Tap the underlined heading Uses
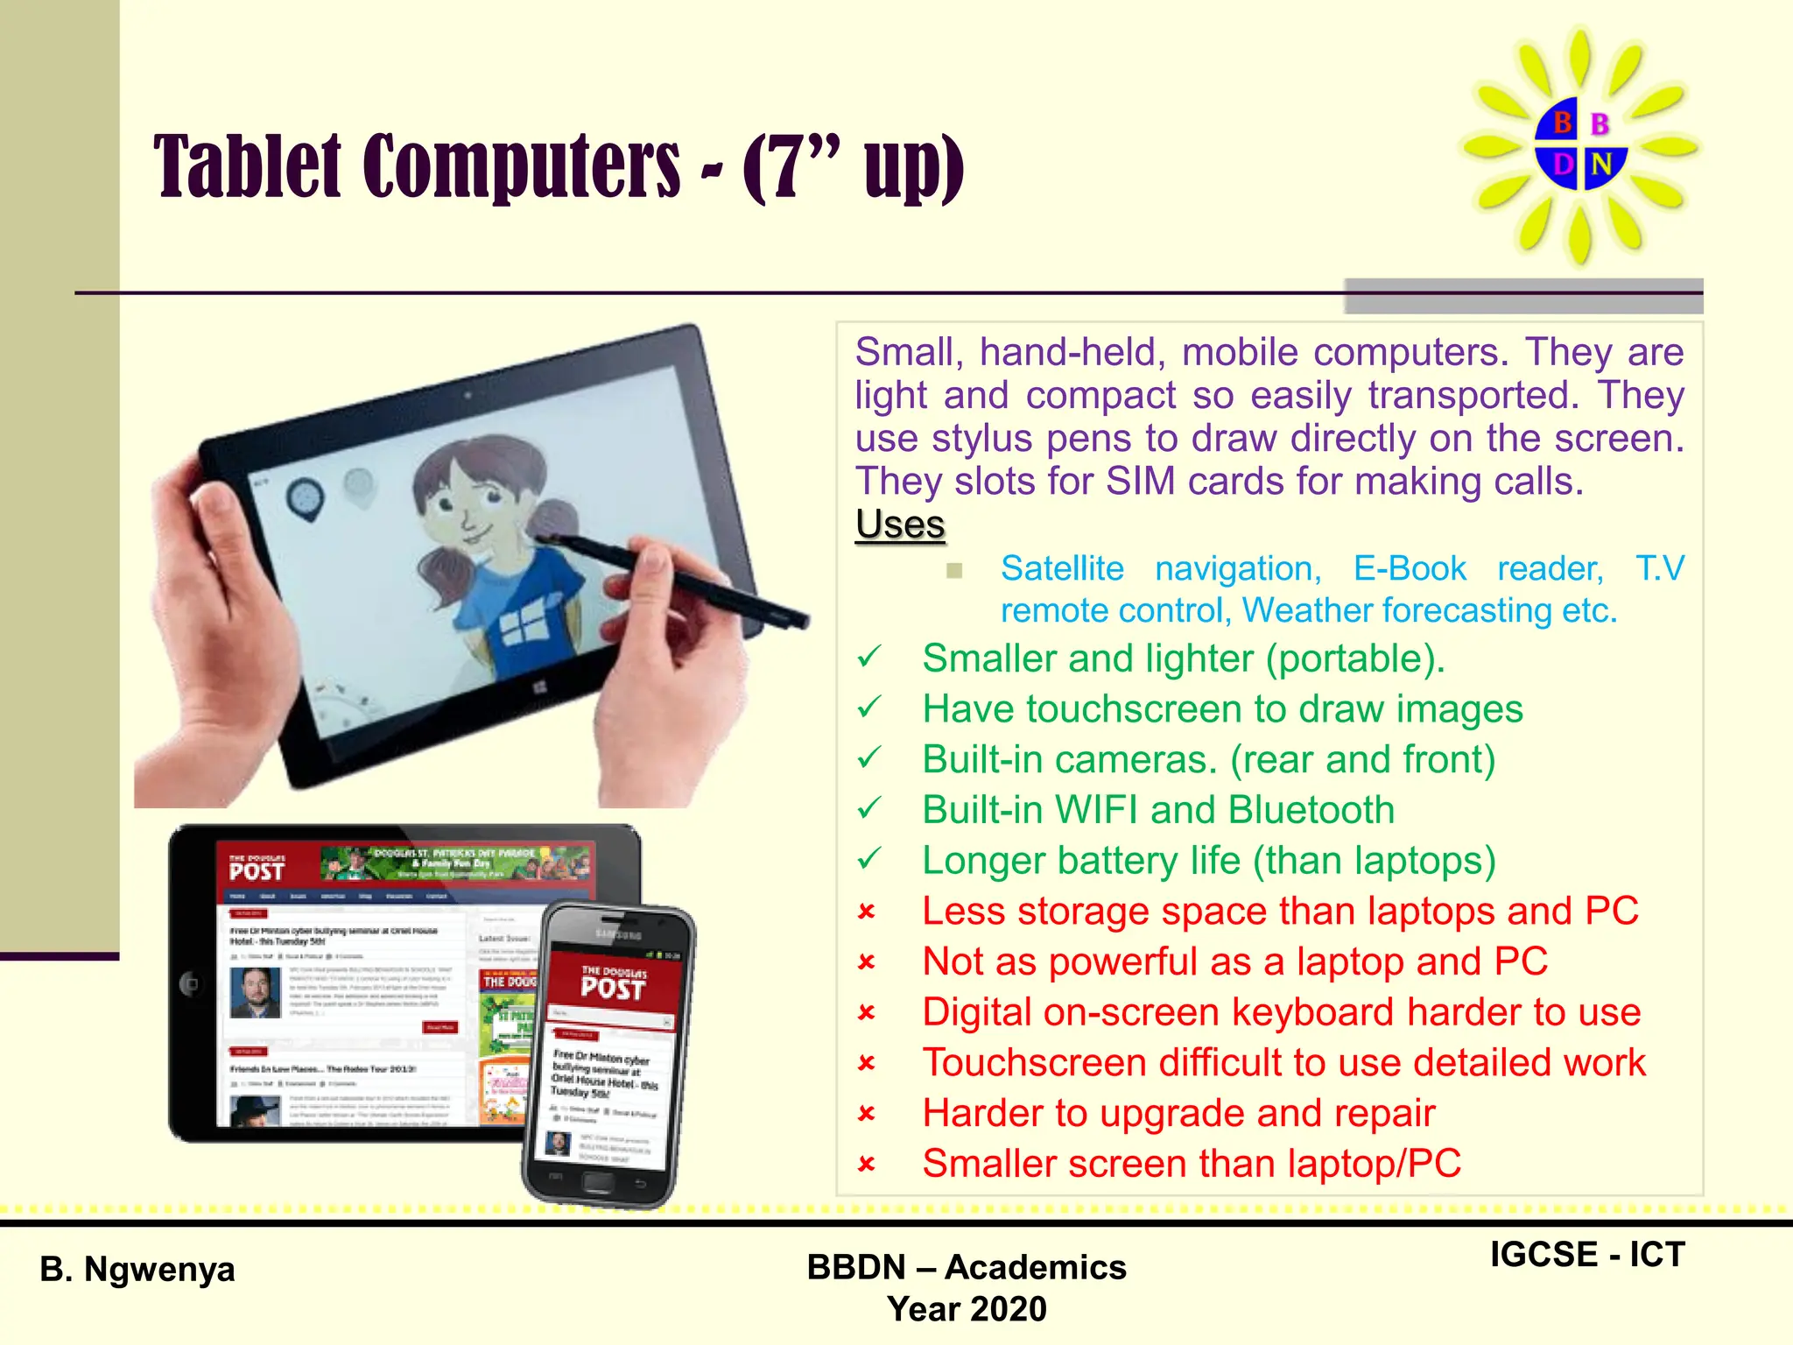900,525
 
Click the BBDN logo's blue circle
1580,144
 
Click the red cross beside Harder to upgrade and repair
867,1114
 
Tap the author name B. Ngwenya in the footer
137,1269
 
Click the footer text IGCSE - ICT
1586,1255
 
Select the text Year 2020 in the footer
967,1309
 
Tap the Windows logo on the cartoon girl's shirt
523,625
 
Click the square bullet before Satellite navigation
954,571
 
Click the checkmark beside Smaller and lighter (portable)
868,658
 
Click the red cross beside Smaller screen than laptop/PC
867,1165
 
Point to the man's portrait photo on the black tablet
255,992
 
